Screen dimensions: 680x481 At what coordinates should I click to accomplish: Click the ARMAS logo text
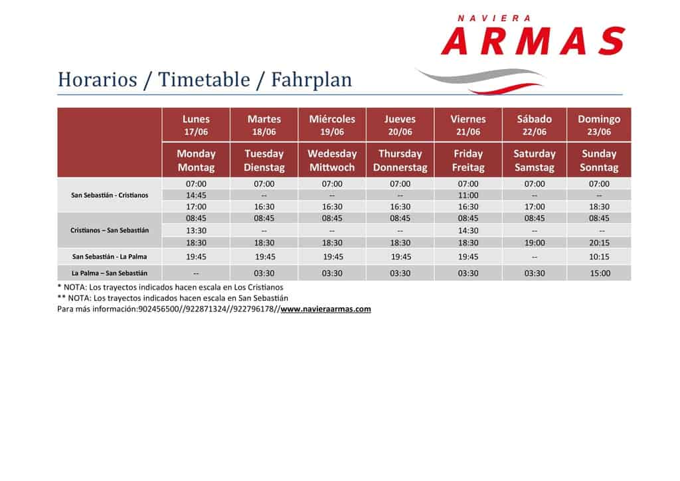[x=533, y=41]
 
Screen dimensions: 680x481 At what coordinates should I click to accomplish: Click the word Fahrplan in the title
[x=311, y=80]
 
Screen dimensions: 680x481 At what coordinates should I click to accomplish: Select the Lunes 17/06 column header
[x=196, y=125]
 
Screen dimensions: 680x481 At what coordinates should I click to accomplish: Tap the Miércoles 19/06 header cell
[x=332, y=125]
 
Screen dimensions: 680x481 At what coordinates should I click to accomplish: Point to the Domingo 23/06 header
[x=599, y=125]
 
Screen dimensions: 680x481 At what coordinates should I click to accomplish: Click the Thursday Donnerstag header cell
[x=400, y=160]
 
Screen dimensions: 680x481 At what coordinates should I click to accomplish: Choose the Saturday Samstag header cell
[x=535, y=160]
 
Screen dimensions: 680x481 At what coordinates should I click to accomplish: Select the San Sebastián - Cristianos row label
[x=110, y=195]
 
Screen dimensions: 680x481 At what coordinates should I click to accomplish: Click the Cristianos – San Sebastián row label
[x=110, y=231]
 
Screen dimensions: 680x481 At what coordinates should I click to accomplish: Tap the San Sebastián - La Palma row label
[x=110, y=256]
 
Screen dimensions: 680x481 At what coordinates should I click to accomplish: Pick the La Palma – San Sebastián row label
[x=110, y=273]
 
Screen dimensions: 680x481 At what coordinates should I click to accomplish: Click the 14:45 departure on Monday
[x=196, y=195]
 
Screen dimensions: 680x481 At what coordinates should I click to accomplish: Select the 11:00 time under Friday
[x=468, y=195]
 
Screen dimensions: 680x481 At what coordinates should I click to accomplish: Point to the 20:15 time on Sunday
[x=599, y=243]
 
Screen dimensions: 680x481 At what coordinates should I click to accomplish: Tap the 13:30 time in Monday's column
[x=196, y=231]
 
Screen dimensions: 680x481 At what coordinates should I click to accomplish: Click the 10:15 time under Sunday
[x=599, y=256]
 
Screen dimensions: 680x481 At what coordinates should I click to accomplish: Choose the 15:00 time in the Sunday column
[x=600, y=273]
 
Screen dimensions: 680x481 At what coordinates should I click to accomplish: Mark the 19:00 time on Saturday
[x=535, y=243]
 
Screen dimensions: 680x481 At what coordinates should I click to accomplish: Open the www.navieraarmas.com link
[x=325, y=309]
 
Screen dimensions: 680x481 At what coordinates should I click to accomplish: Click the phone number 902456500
[x=157, y=309]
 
